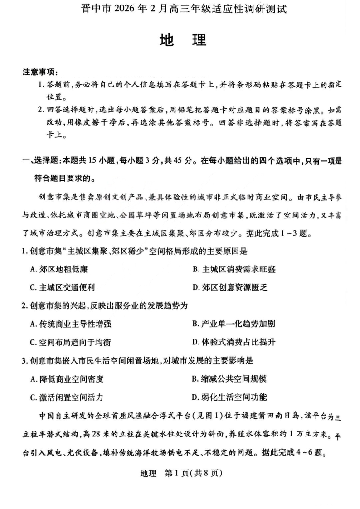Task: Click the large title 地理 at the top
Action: point(183,40)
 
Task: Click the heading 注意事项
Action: point(40,73)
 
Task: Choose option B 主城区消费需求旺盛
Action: point(234,269)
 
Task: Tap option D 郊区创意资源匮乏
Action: point(234,287)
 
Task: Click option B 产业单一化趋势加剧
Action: point(234,324)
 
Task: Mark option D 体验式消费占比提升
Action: point(234,342)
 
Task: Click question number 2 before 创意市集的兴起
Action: point(25,305)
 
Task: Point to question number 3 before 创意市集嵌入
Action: point(25,361)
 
